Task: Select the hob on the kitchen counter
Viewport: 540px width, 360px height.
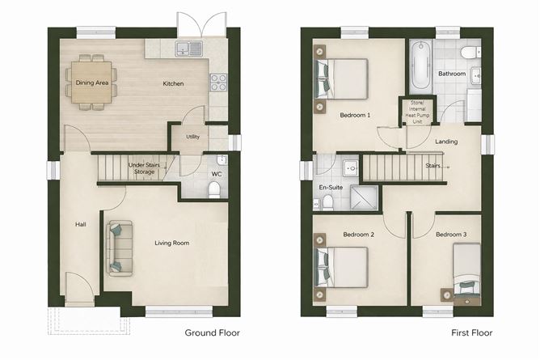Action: (218, 82)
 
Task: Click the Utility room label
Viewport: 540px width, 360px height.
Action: (192, 137)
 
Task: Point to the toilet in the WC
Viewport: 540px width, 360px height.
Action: (214, 189)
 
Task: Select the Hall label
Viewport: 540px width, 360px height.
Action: (81, 225)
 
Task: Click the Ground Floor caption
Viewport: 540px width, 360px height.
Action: (212, 332)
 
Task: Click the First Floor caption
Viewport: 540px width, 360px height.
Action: (473, 332)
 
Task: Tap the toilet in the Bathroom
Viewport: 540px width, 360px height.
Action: (468, 52)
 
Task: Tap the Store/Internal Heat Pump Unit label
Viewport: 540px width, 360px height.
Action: (418, 111)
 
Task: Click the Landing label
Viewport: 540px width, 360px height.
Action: (445, 142)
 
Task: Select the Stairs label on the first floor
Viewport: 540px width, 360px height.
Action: (432, 167)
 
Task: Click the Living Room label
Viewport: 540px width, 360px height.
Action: (171, 242)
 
